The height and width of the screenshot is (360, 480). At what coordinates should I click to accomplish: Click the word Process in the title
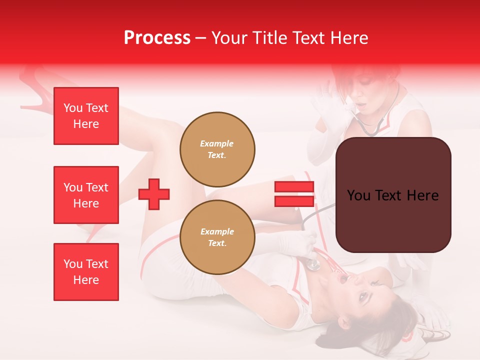point(157,38)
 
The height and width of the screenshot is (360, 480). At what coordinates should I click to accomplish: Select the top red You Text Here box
point(86,116)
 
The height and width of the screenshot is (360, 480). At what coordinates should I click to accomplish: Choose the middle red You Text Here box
point(86,195)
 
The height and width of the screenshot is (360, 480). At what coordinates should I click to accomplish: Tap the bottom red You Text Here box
point(86,272)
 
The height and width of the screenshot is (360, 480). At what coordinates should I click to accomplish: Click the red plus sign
point(154,194)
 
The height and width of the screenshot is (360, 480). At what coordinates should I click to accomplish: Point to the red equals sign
point(294,194)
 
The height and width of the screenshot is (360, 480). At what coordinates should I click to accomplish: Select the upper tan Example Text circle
point(217,149)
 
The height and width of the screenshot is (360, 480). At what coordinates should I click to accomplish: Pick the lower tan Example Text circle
point(217,237)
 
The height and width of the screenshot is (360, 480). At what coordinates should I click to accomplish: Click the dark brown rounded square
point(393,195)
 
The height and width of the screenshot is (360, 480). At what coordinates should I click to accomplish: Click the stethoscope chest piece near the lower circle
point(313,264)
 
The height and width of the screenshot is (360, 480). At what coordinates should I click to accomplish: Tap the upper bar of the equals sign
point(294,187)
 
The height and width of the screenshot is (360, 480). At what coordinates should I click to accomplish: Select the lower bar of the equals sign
point(294,201)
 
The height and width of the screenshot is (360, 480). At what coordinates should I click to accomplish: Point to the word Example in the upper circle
point(217,143)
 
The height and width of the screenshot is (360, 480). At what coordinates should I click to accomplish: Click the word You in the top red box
point(72,108)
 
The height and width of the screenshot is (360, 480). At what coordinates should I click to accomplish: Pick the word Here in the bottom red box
point(86,280)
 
